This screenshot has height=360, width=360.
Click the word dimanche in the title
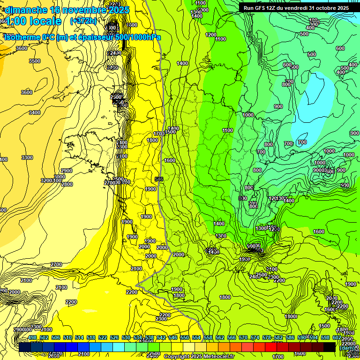tap(26, 10)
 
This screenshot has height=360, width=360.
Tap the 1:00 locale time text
tap(33, 21)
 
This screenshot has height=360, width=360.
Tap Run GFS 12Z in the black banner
tap(263, 8)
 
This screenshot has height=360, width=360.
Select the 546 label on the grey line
tap(159, 179)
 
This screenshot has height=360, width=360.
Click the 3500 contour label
tap(35, 61)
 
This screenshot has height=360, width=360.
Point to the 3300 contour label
tap(27, 157)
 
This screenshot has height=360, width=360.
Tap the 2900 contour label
tap(67, 171)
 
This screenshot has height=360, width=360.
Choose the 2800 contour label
tap(67, 184)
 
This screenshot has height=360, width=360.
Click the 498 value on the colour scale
tap(32, 337)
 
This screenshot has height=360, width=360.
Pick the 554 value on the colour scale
tap(196, 337)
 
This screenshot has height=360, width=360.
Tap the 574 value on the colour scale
tap(255, 337)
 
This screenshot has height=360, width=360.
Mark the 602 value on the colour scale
tap(337, 337)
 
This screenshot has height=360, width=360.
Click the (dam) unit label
tap(347, 347)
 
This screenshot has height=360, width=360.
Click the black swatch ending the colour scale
tap(330, 347)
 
